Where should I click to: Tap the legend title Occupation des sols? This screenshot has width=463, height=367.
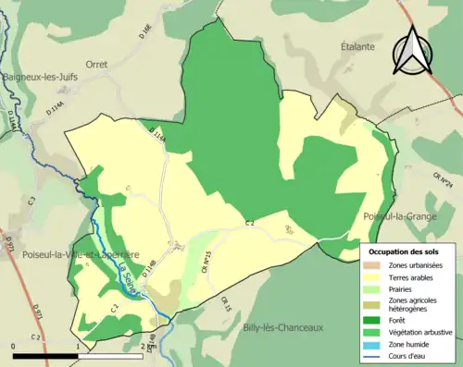point(406,251)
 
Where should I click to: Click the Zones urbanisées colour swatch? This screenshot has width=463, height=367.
point(376,265)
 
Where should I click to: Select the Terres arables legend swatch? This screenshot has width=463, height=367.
point(376,276)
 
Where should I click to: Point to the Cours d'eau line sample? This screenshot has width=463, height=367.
point(376,352)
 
